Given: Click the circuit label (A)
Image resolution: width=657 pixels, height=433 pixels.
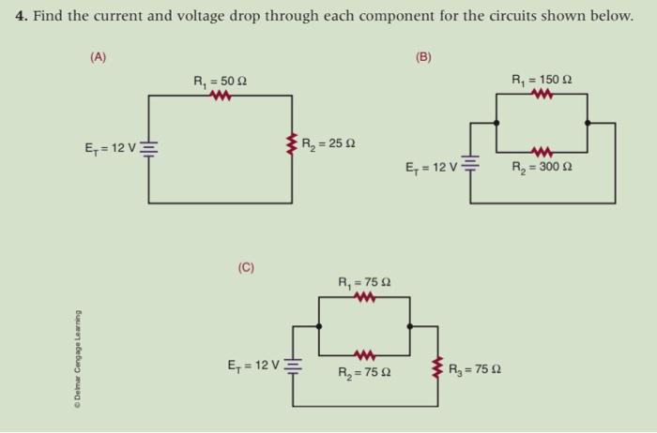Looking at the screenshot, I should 99,56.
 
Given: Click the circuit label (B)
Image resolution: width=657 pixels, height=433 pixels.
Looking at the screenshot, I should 423,56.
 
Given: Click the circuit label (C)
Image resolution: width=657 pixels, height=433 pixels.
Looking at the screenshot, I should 246,268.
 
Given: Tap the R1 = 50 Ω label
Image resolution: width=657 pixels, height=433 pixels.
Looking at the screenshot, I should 219,82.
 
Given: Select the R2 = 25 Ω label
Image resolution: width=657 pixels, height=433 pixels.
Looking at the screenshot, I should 328,144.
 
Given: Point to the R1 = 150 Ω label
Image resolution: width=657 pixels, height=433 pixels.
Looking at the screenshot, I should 542,80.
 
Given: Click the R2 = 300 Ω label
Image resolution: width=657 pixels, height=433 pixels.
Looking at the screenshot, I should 542,169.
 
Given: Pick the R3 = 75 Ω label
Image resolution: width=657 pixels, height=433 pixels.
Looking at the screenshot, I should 475,367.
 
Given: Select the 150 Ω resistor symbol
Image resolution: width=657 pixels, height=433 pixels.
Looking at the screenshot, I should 542,94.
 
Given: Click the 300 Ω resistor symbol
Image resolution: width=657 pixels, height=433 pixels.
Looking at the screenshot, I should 541,152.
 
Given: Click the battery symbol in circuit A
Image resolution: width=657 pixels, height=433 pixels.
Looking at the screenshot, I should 148,148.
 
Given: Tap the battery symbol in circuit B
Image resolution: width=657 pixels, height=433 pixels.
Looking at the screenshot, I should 469,167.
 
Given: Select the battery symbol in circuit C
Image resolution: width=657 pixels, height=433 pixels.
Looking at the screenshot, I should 293,364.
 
